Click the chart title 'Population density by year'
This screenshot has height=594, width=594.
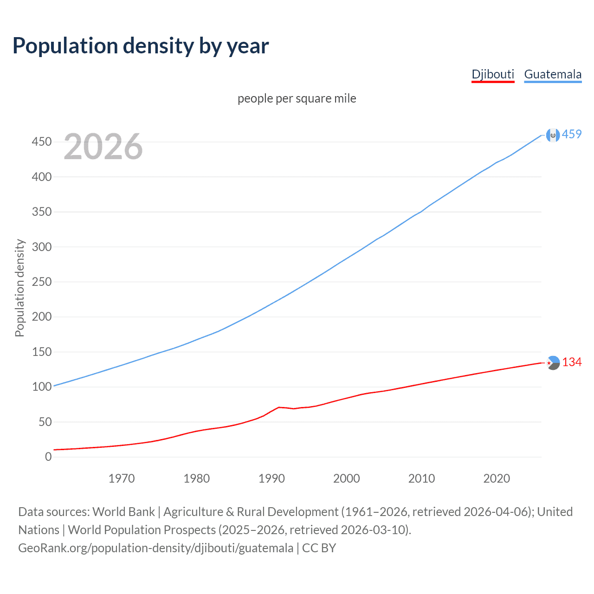tap(141, 46)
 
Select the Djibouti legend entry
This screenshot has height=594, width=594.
tap(493, 74)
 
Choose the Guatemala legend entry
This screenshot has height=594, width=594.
tap(553, 74)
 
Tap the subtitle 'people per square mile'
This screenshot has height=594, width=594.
tap(297, 99)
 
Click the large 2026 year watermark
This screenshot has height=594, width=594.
tap(103, 147)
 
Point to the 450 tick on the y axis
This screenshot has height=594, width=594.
tap(41, 142)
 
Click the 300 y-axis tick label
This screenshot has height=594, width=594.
tap(41, 247)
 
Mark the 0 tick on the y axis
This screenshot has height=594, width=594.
tap(48, 457)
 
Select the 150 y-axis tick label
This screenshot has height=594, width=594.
tap(41, 352)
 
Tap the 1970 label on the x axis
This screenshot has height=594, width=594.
tap(122, 478)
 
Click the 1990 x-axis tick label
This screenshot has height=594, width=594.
tap(271, 478)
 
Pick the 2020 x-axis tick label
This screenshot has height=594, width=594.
tap(497, 478)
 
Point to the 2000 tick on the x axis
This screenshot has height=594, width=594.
tap(347, 478)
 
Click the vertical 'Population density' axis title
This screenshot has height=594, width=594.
tap(19, 288)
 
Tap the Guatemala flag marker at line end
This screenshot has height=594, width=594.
tap(553, 135)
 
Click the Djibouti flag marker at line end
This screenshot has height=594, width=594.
tap(553, 363)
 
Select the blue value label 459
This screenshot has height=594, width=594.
tap(572, 135)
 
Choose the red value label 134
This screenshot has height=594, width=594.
tap(572, 362)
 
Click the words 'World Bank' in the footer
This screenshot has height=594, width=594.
tap(123, 512)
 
